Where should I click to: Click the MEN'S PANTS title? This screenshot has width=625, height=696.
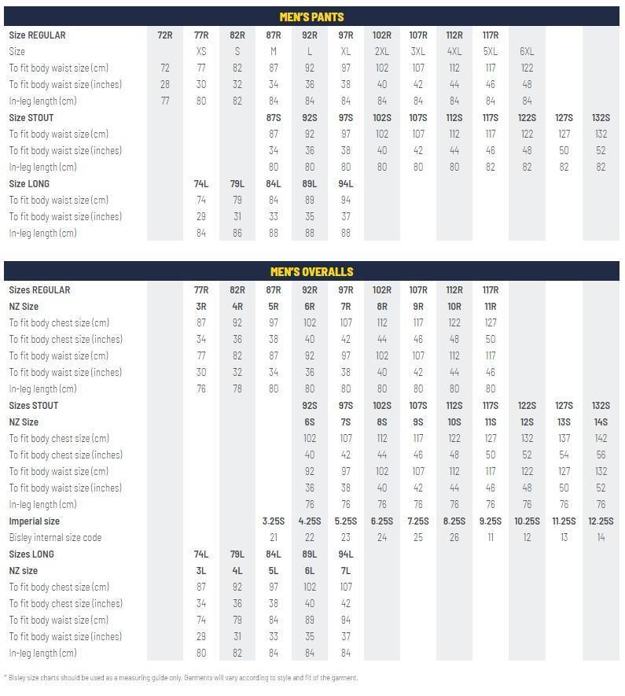click(311, 17)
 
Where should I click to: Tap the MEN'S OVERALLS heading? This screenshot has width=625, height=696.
click(311, 271)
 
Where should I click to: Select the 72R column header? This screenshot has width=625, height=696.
click(165, 35)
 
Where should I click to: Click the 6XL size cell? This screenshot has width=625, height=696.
click(527, 52)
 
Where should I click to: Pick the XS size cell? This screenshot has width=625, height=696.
click(201, 52)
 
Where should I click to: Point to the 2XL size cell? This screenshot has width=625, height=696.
click(382, 52)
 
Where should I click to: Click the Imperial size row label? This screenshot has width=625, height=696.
click(35, 521)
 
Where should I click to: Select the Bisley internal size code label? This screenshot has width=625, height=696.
click(56, 538)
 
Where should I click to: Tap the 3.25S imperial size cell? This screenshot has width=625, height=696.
click(274, 521)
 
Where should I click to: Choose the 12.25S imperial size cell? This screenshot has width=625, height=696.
click(601, 521)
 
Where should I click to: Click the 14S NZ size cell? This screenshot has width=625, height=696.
click(601, 422)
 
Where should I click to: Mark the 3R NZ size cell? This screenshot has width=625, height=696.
click(201, 307)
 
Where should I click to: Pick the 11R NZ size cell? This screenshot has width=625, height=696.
click(491, 307)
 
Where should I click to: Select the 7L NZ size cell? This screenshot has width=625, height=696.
click(346, 571)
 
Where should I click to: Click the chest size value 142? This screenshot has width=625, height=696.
click(601, 439)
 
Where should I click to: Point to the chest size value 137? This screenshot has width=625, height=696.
click(564, 439)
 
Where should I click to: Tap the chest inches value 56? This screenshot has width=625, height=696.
click(601, 455)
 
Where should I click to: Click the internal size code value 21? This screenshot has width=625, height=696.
click(274, 538)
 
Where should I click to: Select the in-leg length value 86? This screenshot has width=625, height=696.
click(237, 234)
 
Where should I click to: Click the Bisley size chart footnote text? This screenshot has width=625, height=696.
click(181, 678)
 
